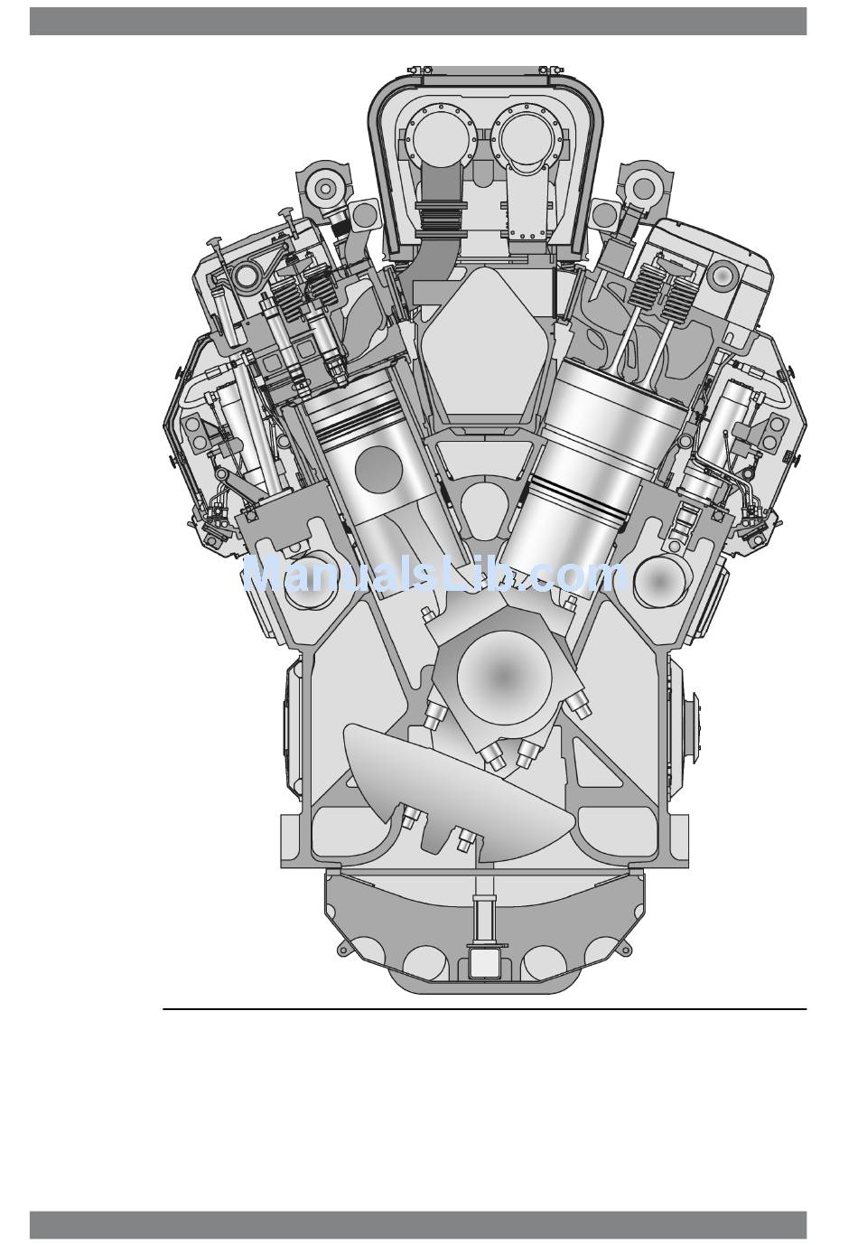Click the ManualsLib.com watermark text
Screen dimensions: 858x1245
coord(436,575)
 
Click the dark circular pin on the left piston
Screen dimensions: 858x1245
coord(378,469)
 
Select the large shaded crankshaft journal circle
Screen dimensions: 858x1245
coord(504,675)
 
